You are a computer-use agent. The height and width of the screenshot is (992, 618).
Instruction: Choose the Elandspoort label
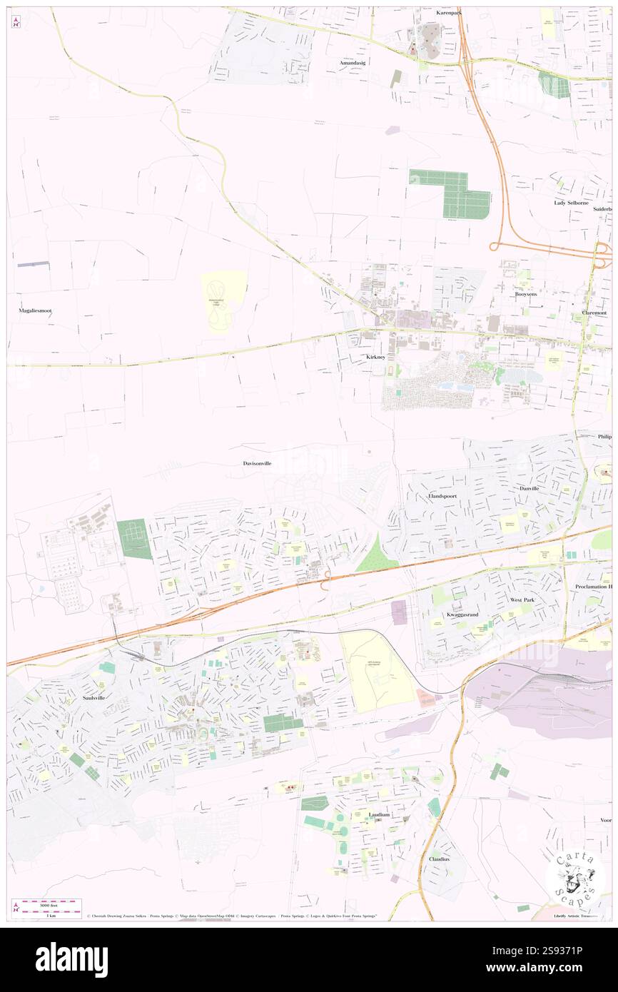coord(442,495)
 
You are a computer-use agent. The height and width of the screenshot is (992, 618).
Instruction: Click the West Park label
coord(522,600)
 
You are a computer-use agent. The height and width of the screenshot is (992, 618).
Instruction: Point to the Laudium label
coord(379,814)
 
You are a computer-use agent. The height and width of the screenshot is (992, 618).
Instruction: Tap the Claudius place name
coord(439,859)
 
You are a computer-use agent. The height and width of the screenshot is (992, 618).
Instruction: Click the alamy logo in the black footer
coord(71,959)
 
